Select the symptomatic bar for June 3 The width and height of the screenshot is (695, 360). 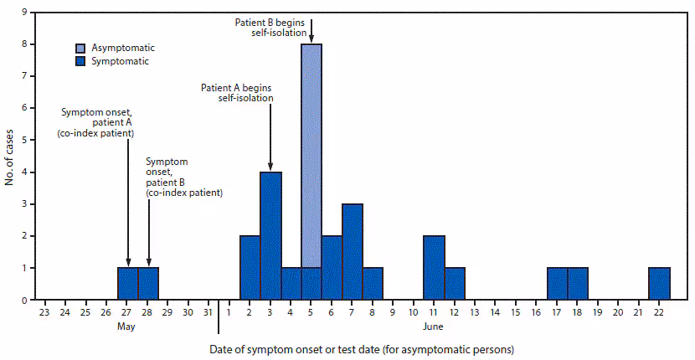tap(270, 235)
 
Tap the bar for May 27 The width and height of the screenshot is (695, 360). tap(127, 284)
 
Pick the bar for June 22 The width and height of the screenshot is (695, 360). tap(659, 284)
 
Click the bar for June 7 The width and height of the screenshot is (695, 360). tap(353, 251)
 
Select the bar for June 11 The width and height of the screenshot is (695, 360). tap(434, 268)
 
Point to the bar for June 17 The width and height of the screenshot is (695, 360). tap(557, 284)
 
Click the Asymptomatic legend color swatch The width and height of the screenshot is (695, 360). tap(82, 49)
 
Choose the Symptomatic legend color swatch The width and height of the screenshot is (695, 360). tap(82, 61)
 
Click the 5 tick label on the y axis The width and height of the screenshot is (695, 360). tap(22, 141)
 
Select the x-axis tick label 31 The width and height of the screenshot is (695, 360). tap(208, 312)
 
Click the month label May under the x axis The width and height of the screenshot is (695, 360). tap(127, 327)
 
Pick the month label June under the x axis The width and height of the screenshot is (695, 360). tap(434, 327)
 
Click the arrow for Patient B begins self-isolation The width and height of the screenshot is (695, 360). tap(311, 30)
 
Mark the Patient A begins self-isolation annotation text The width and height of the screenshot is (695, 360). tap(237, 92)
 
